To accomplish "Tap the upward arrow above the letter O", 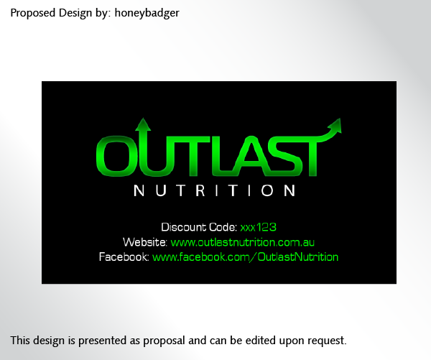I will point(143,126).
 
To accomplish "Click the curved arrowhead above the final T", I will point(335,126).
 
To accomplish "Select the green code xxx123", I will point(258,227).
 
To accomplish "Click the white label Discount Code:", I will point(199,227).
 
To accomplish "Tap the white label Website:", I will point(145,242).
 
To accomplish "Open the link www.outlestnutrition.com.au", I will point(243,242).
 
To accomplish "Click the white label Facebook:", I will point(124,257).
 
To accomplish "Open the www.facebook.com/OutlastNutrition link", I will point(245,257).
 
